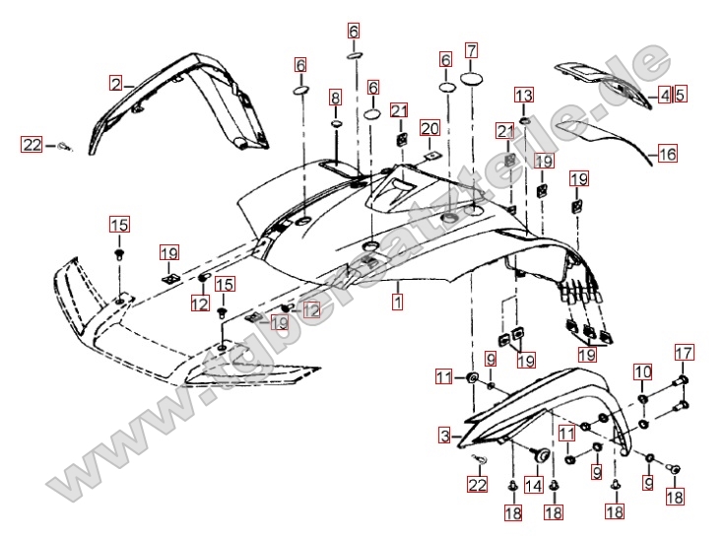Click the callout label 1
tap(397, 302)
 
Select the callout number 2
tap(115, 85)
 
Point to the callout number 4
tap(665, 95)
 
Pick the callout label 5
tap(680, 95)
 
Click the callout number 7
tap(472, 49)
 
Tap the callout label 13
tap(523, 96)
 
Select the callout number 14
tap(533, 485)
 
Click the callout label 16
tap(668, 154)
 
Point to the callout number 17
tap(684, 352)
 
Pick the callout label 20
tap(429, 128)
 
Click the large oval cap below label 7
tap(472, 79)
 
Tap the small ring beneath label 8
tap(336, 125)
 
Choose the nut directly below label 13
tap(523, 120)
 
